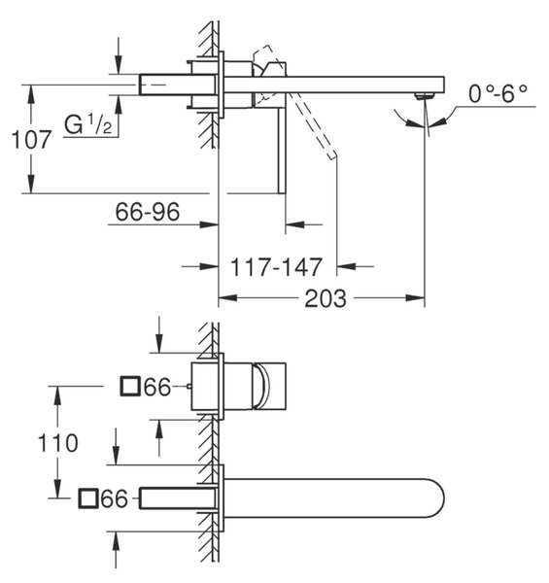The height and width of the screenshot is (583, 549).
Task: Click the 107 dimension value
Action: click(31, 140)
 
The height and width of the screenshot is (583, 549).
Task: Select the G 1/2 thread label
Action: click(88, 124)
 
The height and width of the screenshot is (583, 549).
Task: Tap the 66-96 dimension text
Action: click(148, 212)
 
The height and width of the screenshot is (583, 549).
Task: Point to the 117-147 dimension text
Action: click(276, 266)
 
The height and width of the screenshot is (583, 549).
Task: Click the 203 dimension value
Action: click(326, 298)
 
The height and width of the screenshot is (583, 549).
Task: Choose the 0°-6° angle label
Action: click(498, 93)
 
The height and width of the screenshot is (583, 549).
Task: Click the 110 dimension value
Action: click(58, 443)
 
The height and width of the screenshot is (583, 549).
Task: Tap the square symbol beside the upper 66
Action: click(130, 386)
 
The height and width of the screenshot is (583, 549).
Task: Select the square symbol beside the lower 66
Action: click(88, 498)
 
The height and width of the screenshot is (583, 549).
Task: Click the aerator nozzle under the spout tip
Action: click(425, 96)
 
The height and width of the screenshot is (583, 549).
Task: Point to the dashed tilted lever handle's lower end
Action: click(332, 155)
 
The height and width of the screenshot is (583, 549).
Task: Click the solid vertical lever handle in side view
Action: click(282, 151)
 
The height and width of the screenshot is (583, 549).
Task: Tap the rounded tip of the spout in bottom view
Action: click(441, 498)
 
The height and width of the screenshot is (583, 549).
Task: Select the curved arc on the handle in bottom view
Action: click(263, 386)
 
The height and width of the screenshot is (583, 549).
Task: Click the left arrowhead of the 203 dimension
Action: click(227, 298)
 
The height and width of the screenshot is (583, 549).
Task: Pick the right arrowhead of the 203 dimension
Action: click(415, 298)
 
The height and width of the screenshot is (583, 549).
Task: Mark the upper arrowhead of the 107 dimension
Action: click(31, 94)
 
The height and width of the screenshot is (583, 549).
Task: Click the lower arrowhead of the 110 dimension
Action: click(57, 489)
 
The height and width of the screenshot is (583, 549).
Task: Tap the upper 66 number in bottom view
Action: click(156, 387)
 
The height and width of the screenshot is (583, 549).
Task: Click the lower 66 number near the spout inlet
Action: click(114, 499)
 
